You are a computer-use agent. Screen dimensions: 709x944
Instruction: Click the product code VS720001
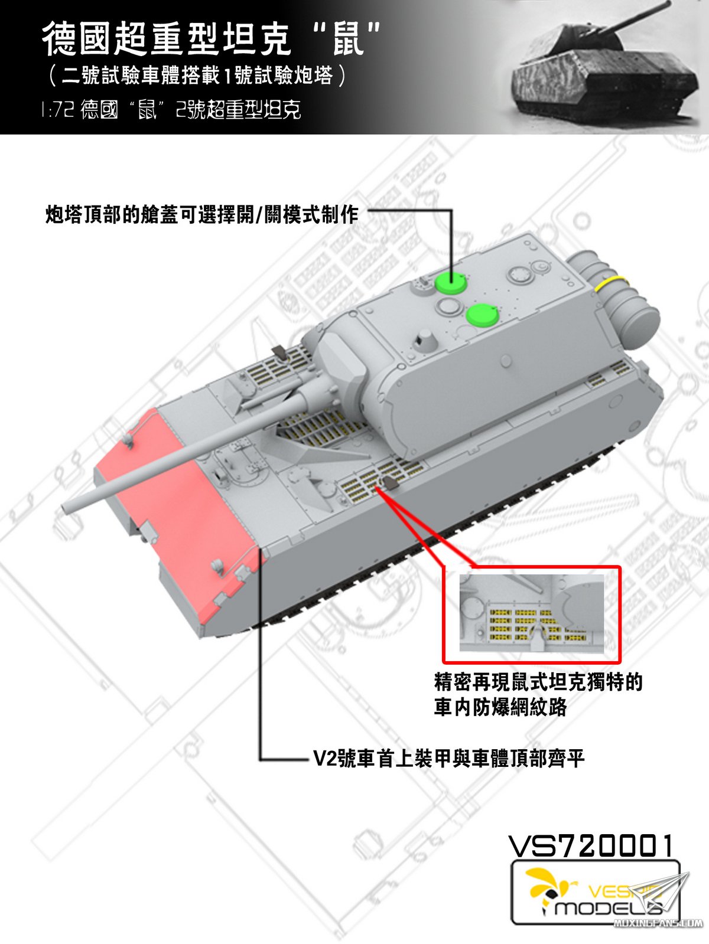click(590, 846)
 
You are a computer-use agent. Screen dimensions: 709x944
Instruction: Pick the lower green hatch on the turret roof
click(482, 315)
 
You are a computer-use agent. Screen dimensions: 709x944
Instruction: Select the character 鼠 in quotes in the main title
click(349, 40)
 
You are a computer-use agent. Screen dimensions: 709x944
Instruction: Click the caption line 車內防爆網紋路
click(500, 707)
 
